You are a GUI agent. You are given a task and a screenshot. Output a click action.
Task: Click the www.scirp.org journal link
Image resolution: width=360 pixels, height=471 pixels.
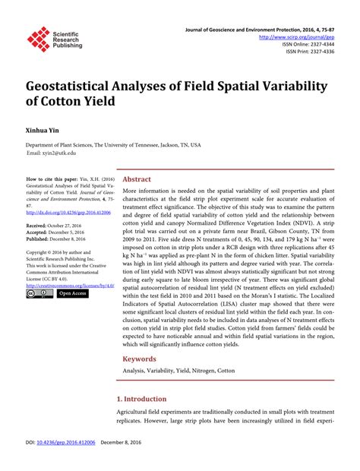click(298, 36)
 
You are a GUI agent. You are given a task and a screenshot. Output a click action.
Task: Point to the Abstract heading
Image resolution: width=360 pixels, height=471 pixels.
click(137, 179)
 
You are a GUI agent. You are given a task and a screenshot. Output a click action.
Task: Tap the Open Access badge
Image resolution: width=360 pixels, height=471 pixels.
click(73, 293)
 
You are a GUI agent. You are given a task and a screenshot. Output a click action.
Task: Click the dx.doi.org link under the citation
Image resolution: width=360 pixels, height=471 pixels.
click(66, 213)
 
